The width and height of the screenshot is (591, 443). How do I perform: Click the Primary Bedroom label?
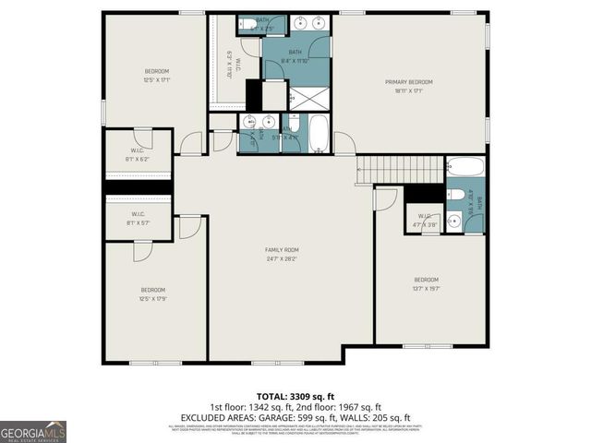click(408, 82)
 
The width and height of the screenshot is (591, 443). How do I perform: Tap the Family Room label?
click(282, 250)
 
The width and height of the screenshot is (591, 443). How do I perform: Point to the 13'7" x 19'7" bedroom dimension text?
click(426, 288)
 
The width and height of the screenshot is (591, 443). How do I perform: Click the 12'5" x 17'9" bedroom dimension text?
click(152, 298)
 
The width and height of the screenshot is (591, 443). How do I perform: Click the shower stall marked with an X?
click(310, 96)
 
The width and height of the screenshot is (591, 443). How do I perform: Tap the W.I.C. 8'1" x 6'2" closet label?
click(137, 155)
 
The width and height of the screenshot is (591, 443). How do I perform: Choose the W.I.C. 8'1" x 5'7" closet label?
click(137, 220)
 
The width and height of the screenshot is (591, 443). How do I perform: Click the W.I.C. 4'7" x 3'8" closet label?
click(424, 221)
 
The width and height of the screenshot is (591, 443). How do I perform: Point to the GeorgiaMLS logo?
click(33, 431)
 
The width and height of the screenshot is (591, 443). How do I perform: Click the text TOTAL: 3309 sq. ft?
click(295, 396)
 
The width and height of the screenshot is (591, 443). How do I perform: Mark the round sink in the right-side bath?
click(453, 220)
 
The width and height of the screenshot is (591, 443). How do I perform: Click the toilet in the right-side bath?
click(454, 195)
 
